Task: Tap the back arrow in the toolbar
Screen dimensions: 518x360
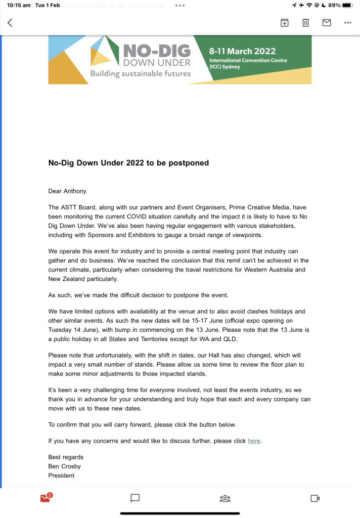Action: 10,23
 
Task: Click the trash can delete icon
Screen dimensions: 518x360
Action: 305,23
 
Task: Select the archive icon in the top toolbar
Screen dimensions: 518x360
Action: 285,23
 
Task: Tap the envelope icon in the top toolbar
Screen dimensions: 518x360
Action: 327,23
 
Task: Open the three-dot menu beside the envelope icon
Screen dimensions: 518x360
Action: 347,23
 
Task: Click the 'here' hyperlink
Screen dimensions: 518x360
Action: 254,441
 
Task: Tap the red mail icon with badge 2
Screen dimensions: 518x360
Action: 46,498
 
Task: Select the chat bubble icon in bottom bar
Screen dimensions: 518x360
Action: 135,498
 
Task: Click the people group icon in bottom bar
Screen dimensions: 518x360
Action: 225,498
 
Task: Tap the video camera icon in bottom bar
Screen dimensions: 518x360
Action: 315,498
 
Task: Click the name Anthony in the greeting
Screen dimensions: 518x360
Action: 75,191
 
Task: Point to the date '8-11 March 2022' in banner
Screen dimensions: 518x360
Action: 243,51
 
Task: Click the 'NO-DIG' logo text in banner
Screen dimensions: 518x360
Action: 157,51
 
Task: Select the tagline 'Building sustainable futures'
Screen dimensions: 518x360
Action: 141,74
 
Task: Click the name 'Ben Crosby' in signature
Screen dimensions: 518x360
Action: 65,466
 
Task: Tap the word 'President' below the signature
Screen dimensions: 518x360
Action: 61,476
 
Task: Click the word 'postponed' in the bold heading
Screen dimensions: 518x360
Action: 190,163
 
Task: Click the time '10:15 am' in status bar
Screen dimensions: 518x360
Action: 19,5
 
